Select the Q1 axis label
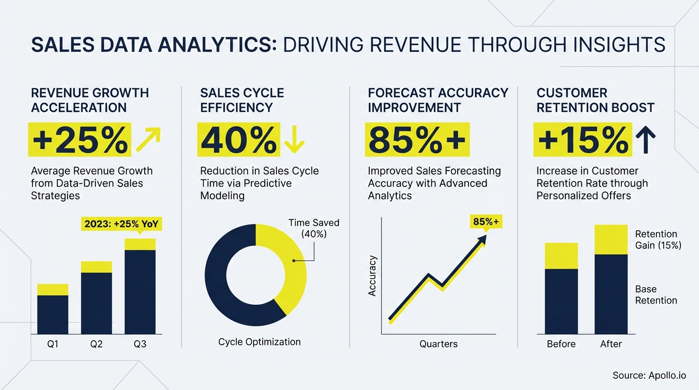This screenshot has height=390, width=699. (x=53, y=344)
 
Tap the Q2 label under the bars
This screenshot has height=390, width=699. (x=97, y=344)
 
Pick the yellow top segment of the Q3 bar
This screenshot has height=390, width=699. (x=140, y=244)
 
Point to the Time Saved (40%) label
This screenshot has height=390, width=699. (x=314, y=228)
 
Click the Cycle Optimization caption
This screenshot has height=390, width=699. (x=259, y=342)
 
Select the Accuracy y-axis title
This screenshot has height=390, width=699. (x=372, y=276)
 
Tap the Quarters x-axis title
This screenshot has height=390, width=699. (x=438, y=344)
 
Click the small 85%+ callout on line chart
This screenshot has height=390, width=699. (x=486, y=222)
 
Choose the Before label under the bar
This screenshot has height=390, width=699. (x=561, y=344)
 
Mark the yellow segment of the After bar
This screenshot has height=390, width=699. (x=611, y=240)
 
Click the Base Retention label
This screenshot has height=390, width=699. (x=656, y=295)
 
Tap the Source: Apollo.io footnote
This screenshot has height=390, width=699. (x=649, y=375)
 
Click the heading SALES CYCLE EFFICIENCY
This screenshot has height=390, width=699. (x=242, y=100)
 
